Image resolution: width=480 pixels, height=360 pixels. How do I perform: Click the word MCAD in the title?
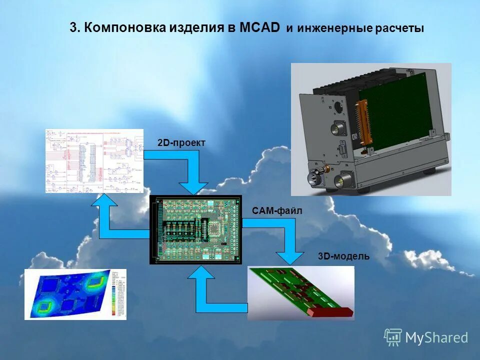[259, 28]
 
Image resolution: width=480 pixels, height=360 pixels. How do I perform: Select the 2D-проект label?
[181, 143]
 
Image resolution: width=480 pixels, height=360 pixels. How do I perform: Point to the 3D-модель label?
[343, 256]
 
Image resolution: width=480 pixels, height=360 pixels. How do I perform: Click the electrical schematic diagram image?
[94, 160]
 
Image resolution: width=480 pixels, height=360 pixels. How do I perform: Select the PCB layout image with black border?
[195, 229]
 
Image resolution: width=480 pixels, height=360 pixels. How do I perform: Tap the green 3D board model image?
[300, 292]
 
